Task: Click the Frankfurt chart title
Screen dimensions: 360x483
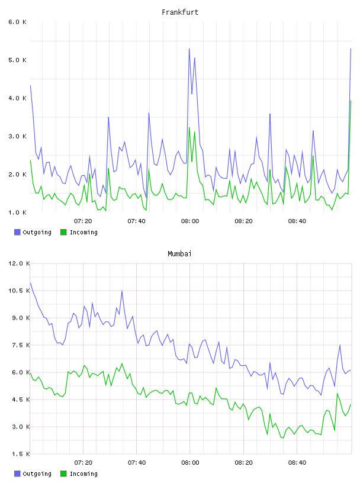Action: coord(180,12)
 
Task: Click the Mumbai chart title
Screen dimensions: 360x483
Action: coord(179,254)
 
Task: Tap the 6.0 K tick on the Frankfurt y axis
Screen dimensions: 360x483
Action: coord(17,22)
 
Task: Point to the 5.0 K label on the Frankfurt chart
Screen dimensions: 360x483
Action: coord(17,60)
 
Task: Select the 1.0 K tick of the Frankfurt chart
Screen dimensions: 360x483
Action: coord(17,212)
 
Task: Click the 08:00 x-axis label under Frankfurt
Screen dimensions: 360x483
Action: coord(190,221)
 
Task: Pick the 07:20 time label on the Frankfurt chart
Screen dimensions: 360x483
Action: coord(83,221)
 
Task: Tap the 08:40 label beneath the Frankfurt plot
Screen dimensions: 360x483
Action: coord(297,221)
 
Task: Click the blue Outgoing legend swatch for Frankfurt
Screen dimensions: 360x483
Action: coord(17,232)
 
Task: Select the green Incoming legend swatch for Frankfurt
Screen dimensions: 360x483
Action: coord(63,232)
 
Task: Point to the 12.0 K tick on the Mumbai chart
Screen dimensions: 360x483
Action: coord(19,263)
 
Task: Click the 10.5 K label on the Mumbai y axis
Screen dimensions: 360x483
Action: coord(19,291)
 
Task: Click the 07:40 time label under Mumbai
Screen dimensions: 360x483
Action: coord(137,463)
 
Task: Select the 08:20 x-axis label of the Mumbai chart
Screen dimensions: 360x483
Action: coord(243,463)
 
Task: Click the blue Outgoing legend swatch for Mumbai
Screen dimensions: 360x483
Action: coord(17,474)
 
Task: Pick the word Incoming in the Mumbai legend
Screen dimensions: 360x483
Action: coord(83,474)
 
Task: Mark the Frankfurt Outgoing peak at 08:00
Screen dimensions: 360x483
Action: coord(189,49)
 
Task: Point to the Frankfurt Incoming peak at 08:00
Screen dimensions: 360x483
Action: coord(189,127)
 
